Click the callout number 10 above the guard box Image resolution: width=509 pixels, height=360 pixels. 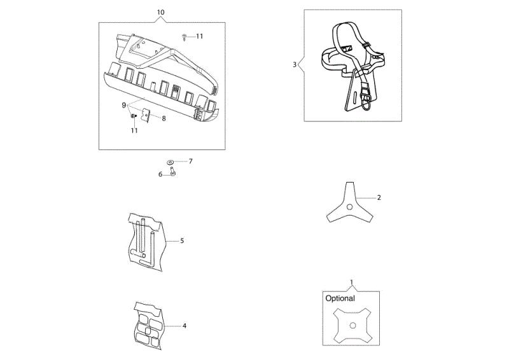pyautogui.click(x=161, y=12)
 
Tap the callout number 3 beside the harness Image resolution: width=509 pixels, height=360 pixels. pyautogui.click(x=295, y=65)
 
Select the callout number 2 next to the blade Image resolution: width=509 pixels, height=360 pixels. pyautogui.click(x=379, y=197)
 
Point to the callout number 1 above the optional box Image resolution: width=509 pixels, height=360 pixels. pyautogui.click(x=351, y=282)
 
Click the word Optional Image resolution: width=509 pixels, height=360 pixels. pyautogui.click(x=340, y=298)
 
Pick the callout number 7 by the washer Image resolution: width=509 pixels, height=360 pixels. pyautogui.click(x=190, y=161)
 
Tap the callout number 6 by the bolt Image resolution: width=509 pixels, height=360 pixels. pyautogui.click(x=160, y=174)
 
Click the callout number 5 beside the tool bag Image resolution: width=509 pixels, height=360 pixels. pyautogui.click(x=182, y=240)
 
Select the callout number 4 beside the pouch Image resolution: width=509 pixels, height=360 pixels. pyautogui.click(x=185, y=326)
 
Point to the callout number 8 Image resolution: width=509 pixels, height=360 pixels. pyautogui.click(x=164, y=118)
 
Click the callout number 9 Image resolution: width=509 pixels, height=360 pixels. pyautogui.click(x=123, y=105)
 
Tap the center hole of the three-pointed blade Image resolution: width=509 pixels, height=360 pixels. pyautogui.click(x=349, y=207)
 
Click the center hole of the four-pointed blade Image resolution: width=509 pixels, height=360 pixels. pyautogui.click(x=353, y=326)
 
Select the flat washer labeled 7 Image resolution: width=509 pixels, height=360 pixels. pyautogui.click(x=170, y=162)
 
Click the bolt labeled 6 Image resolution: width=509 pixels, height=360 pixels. pyautogui.click(x=172, y=171)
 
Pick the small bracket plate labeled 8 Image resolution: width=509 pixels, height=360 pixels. pyautogui.click(x=146, y=115)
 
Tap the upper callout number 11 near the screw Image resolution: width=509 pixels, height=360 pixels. pyautogui.click(x=199, y=36)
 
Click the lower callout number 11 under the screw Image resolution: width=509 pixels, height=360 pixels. pyautogui.click(x=134, y=130)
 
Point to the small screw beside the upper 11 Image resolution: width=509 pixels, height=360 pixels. pyautogui.click(x=185, y=37)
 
